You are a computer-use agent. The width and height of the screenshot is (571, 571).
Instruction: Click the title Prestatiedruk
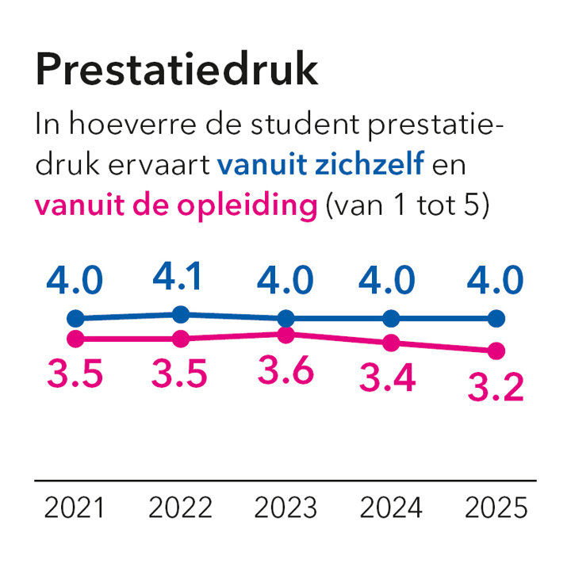tap(177, 71)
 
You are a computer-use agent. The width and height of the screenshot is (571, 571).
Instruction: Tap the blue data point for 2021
tap(75, 319)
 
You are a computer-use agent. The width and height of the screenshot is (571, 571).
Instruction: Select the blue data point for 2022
tap(181, 314)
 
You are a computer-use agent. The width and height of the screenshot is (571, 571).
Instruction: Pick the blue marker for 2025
tap(496, 319)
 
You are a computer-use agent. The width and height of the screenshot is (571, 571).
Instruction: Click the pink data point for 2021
tap(75, 339)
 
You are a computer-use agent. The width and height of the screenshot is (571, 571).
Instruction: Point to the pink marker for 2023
tap(286, 335)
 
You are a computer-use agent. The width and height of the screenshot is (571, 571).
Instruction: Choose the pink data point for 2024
tap(391, 343)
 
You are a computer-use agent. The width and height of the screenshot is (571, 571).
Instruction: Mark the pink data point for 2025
tap(496, 351)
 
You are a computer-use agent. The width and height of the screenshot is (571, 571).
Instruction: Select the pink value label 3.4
tap(389, 380)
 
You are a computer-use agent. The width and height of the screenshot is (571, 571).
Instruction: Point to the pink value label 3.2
tap(495, 388)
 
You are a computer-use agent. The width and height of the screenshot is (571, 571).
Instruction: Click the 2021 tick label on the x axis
tap(75, 508)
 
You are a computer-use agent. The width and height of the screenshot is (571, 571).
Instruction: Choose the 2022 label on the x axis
tap(180, 508)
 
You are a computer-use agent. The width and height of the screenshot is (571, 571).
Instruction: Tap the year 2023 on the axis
tap(285, 508)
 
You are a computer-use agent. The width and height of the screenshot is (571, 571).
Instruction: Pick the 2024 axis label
tap(390, 508)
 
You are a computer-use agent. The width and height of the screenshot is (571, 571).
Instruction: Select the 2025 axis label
tap(496, 508)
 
